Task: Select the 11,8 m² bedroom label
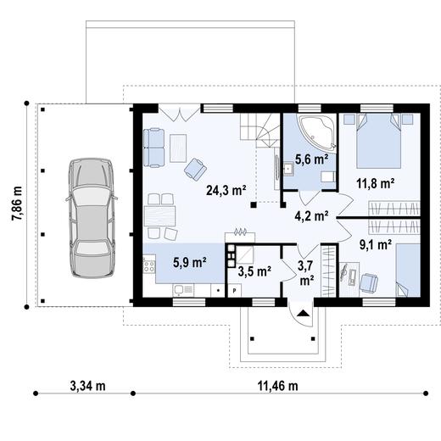tap(375, 182)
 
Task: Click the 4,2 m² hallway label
tap(310, 215)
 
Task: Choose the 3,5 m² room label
tap(254, 271)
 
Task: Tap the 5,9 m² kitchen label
tap(188, 262)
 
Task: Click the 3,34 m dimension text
tap(87, 386)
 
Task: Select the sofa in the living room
tap(154, 147)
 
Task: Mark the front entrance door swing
tap(302, 315)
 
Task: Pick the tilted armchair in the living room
tap(196, 168)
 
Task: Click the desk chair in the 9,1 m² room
tap(369, 281)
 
